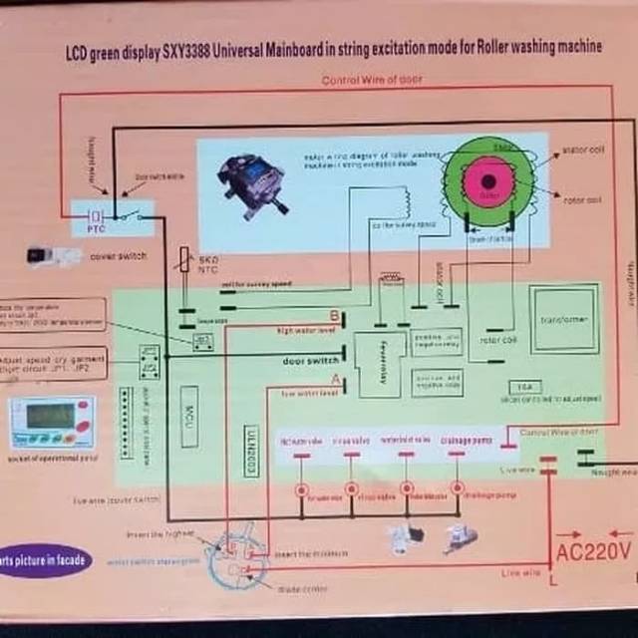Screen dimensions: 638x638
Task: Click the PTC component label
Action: [95, 228]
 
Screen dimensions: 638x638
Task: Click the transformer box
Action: [564, 319]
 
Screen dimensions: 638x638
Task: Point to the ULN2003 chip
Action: [250, 442]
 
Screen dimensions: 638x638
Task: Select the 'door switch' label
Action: [310, 361]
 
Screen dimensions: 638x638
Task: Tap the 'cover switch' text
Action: [118, 256]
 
